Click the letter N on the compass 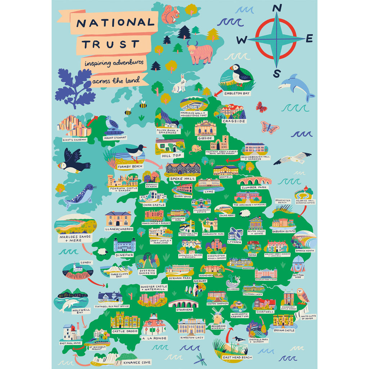point(276,8)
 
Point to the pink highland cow point(199,53)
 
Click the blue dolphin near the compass point(297,86)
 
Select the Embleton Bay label point(237,93)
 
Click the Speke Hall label point(185,178)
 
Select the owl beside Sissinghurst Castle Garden point(303,296)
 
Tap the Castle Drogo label point(125,331)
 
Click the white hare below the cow point(179,84)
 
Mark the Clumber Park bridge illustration point(254,181)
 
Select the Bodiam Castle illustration point(283,320)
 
